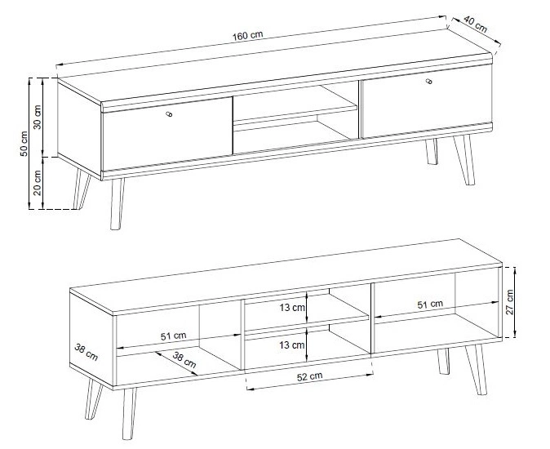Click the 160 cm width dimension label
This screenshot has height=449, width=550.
click(247, 35)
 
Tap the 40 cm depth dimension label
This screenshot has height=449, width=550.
click(475, 24)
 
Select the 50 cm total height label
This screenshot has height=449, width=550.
click(24, 144)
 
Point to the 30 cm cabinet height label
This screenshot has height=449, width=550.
click(38, 117)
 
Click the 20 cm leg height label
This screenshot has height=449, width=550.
click(38, 183)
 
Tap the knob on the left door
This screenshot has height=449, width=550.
click(169, 114)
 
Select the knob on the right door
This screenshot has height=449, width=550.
click(428, 82)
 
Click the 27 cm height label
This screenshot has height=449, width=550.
click(509, 302)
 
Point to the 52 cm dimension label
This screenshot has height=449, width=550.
click(309, 376)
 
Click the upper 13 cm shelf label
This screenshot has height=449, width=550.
click(292, 308)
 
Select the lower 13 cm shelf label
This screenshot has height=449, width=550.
click(292, 345)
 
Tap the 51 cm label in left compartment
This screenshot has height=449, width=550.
click(173, 336)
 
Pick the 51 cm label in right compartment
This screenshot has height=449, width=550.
click(430, 305)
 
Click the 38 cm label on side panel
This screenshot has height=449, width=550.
click(86, 352)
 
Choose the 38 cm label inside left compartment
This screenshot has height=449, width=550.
click(184, 360)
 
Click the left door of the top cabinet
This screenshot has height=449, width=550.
click(167, 134)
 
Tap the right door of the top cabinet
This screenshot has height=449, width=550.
click(426, 101)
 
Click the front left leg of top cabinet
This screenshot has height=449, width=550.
click(117, 204)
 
